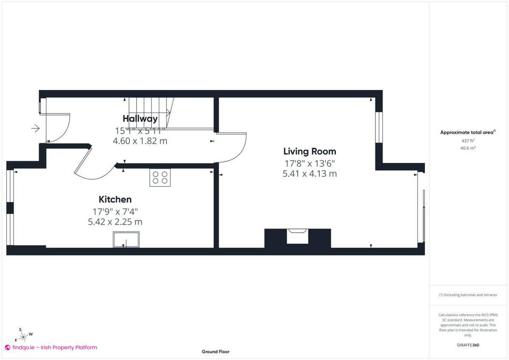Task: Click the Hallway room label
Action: (x=140, y=119)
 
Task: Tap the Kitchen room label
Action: (x=115, y=199)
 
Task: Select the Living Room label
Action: (x=310, y=151)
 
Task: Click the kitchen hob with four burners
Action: (x=160, y=177)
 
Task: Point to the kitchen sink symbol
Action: (x=126, y=240)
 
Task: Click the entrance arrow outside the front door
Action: (x=36, y=128)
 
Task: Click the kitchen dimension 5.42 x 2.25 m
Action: (x=115, y=222)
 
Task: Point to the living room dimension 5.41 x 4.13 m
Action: (x=310, y=173)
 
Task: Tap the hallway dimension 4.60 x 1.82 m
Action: (x=140, y=141)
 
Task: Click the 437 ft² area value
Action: (x=468, y=140)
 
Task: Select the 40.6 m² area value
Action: (x=468, y=148)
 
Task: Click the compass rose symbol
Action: (x=24, y=335)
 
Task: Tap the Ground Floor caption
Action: (x=215, y=352)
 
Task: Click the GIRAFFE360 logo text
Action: (x=468, y=345)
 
